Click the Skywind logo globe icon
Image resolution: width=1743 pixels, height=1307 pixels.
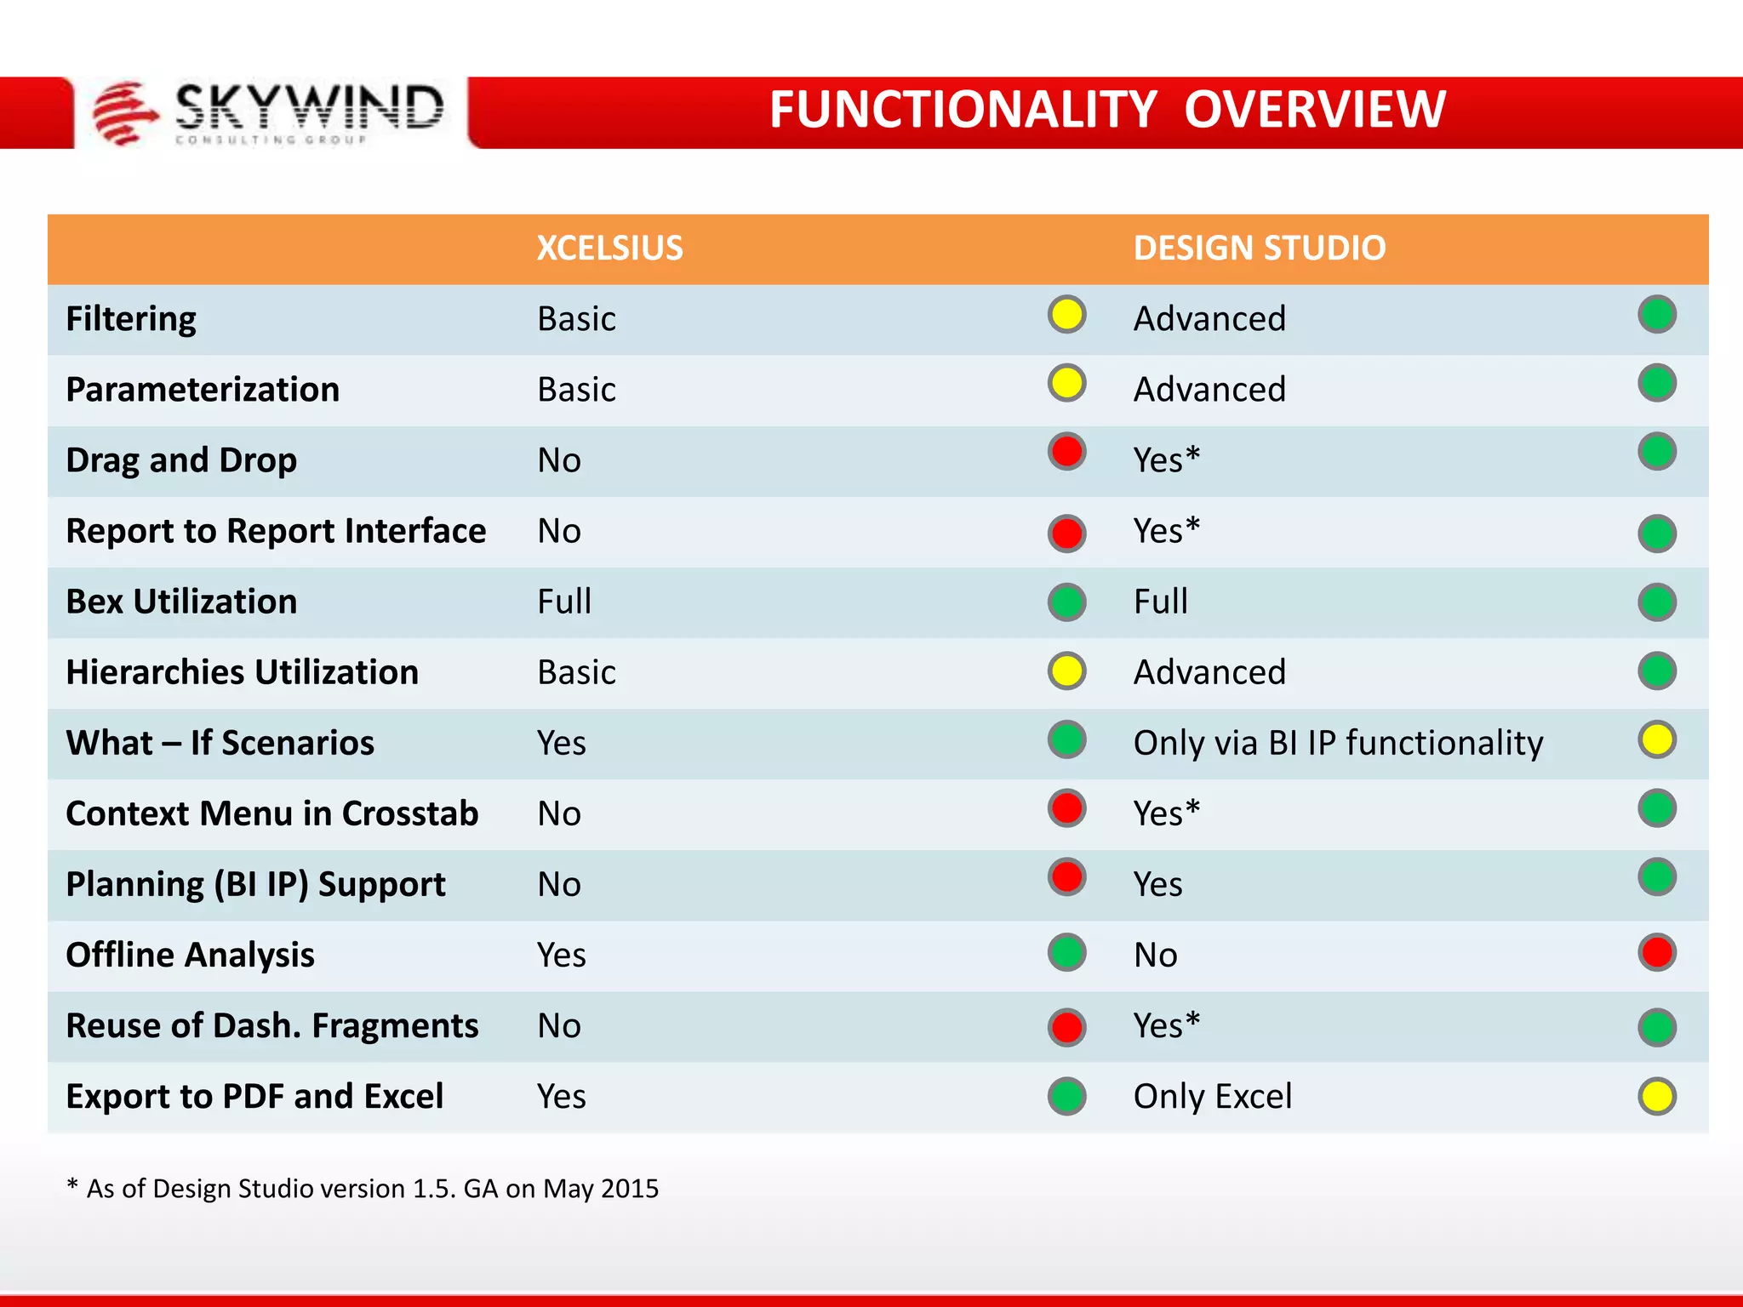tap(124, 113)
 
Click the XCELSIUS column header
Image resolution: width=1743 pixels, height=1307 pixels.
tap(609, 248)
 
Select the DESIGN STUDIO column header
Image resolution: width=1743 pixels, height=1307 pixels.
tap(1259, 248)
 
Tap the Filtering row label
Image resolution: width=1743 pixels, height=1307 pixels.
tap(131, 319)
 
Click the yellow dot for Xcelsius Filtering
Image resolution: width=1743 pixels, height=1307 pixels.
tap(1066, 315)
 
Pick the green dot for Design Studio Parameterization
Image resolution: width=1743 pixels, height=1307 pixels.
tap(1656, 384)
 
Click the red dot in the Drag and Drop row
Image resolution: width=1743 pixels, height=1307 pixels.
tap(1066, 452)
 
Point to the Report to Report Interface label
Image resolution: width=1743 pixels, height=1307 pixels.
tap(276, 531)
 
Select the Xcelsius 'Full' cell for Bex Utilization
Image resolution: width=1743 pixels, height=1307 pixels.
tap(564, 602)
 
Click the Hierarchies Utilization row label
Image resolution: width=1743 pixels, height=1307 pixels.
tap(243, 672)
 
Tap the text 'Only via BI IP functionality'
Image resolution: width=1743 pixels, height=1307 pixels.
tap(1338, 743)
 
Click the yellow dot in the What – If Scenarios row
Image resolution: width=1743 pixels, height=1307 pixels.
tap(1656, 739)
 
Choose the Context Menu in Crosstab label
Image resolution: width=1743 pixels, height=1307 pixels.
tap(272, 813)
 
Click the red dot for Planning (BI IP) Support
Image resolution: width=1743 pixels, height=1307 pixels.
tap(1066, 877)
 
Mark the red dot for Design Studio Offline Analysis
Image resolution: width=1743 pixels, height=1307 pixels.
tap(1656, 953)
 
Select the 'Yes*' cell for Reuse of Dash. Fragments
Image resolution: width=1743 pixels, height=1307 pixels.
tap(1166, 1025)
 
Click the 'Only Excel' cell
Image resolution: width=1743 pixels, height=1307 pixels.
tap(1212, 1096)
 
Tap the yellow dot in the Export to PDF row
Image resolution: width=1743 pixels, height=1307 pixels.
tap(1656, 1097)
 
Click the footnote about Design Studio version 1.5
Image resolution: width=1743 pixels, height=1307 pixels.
tap(363, 1188)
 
